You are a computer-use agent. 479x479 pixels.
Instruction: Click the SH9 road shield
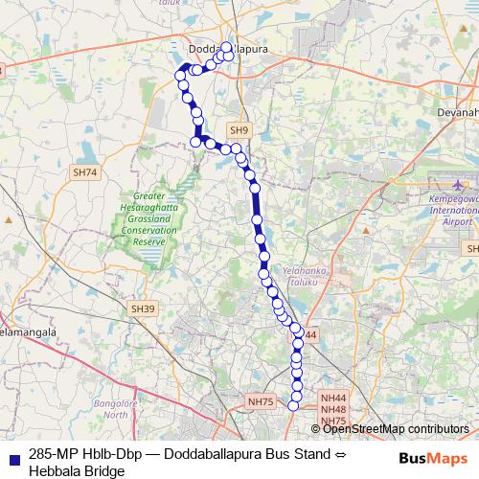coord(239,129)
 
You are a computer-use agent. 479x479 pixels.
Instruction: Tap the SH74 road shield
coord(84,173)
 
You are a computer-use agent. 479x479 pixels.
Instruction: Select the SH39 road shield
coord(142,308)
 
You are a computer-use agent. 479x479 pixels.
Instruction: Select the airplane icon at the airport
coord(455,183)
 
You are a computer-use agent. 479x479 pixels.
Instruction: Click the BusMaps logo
coord(433,459)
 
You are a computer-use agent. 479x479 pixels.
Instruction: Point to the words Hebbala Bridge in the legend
coord(77,471)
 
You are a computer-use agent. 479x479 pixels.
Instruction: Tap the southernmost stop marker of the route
coord(294,405)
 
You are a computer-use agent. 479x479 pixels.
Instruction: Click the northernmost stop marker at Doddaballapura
coord(227,46)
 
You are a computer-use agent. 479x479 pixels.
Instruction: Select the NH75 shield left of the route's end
coord(260,401)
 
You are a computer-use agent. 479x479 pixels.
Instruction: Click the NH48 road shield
coord(332,409)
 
